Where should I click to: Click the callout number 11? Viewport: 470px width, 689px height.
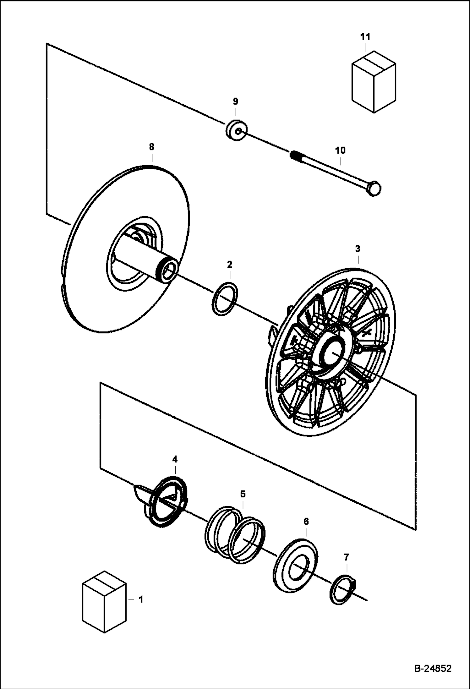(365, 37)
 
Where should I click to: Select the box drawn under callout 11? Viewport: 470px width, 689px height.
(374, 82)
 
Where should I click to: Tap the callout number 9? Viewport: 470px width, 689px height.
(236, 101)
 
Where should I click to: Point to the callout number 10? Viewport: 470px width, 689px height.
(340, 150)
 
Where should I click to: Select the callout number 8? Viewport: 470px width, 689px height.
(152, 147)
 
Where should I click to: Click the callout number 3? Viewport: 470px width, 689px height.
(358, 249)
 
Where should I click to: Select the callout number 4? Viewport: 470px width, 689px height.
(175, 459)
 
